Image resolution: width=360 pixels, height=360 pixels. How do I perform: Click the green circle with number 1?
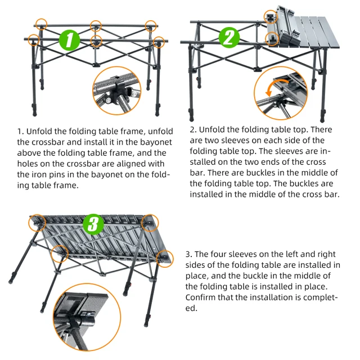tap(69, 39)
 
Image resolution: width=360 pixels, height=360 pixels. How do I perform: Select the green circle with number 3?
tap(93, 224)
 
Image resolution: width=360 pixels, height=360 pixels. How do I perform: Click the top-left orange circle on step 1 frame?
tap(41, 25)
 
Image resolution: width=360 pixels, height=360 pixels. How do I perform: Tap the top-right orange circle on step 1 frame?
tap(150, 25)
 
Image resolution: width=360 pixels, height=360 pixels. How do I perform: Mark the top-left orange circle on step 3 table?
tap(37, 222)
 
